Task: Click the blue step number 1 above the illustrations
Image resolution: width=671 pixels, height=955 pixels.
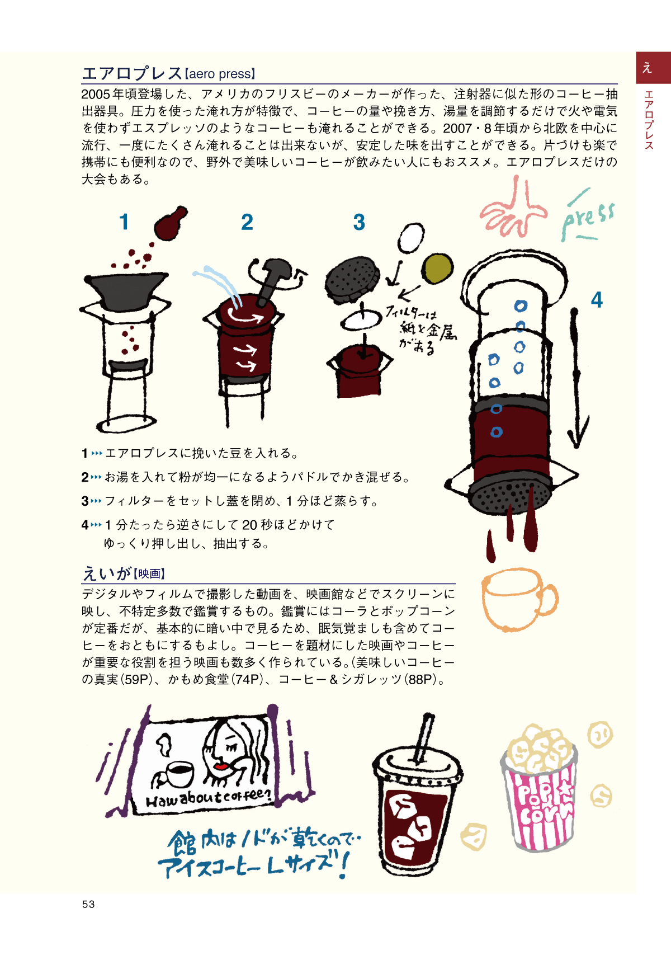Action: click(x=124, y=222)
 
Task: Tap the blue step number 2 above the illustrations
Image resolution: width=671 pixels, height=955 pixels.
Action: click(x=247, y=222)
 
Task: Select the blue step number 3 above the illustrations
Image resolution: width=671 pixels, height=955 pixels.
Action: click(x=359, y=222)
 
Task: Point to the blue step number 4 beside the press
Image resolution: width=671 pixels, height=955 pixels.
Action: click(x=597, y=300)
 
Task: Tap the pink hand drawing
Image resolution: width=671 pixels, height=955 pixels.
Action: click(x=514, y=209)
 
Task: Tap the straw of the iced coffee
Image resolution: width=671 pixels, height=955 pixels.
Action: click(x=423, y=737)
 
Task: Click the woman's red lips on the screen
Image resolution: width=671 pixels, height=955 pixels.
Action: click(x=221, y=766)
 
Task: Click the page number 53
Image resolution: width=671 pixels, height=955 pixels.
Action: click(x=88, y=904)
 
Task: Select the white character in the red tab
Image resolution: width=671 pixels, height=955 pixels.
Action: click(x=647, y=67)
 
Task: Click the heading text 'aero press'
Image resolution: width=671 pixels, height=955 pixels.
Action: click(x=219, y=74)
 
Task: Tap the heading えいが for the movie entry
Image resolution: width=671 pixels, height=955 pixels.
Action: click(x=106, y=573)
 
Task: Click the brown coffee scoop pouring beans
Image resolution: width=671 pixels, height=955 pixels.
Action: click(x=171, y=223)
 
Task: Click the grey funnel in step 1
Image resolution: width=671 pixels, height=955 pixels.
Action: click(x=126, y=291)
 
